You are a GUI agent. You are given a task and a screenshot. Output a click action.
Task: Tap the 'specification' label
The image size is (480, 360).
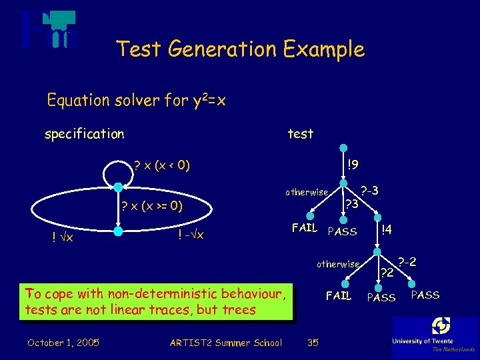(x=84, y=134)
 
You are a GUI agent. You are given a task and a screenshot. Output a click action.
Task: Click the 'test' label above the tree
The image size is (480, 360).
(x=300, y=134)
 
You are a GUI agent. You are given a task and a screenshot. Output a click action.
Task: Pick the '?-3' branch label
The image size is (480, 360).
(x=369, y=190)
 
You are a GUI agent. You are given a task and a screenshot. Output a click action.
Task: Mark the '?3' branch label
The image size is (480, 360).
(x=351, y=203)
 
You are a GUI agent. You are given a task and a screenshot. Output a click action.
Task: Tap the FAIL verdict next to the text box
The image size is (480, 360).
(x=338, y=295)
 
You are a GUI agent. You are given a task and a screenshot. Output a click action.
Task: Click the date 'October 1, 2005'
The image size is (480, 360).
(x=63, y=343)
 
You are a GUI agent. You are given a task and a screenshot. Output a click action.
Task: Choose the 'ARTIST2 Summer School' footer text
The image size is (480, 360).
(x=226, y=343)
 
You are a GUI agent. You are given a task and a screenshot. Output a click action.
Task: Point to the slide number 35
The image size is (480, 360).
(x=312, y=343)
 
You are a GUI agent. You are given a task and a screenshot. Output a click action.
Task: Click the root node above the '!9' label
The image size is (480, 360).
(x=342, y=149)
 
